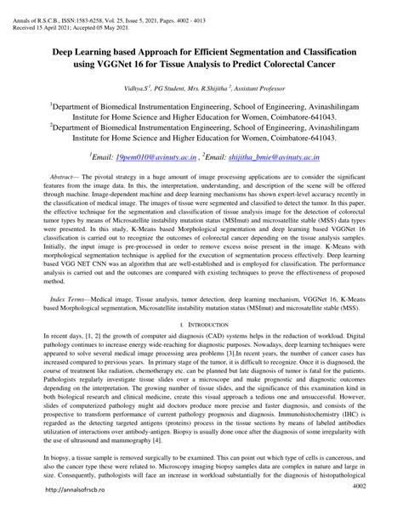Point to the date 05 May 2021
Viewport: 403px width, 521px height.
[x=128, y=15]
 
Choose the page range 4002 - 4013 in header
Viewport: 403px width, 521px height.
[x=248, y=7]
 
